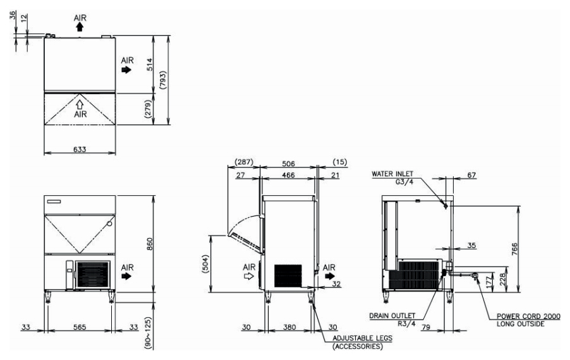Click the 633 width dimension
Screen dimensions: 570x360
(80, 149)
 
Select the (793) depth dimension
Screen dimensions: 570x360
(163, 80)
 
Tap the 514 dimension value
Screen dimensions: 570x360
(149, 64)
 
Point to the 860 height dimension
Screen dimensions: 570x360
(149, 244)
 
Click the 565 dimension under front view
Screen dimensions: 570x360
(80, 327)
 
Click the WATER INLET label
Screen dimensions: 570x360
(392, 174)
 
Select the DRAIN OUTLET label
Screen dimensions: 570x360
(392, 316)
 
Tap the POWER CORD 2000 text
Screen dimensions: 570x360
(528, 316)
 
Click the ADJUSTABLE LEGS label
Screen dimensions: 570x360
(363, 338)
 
